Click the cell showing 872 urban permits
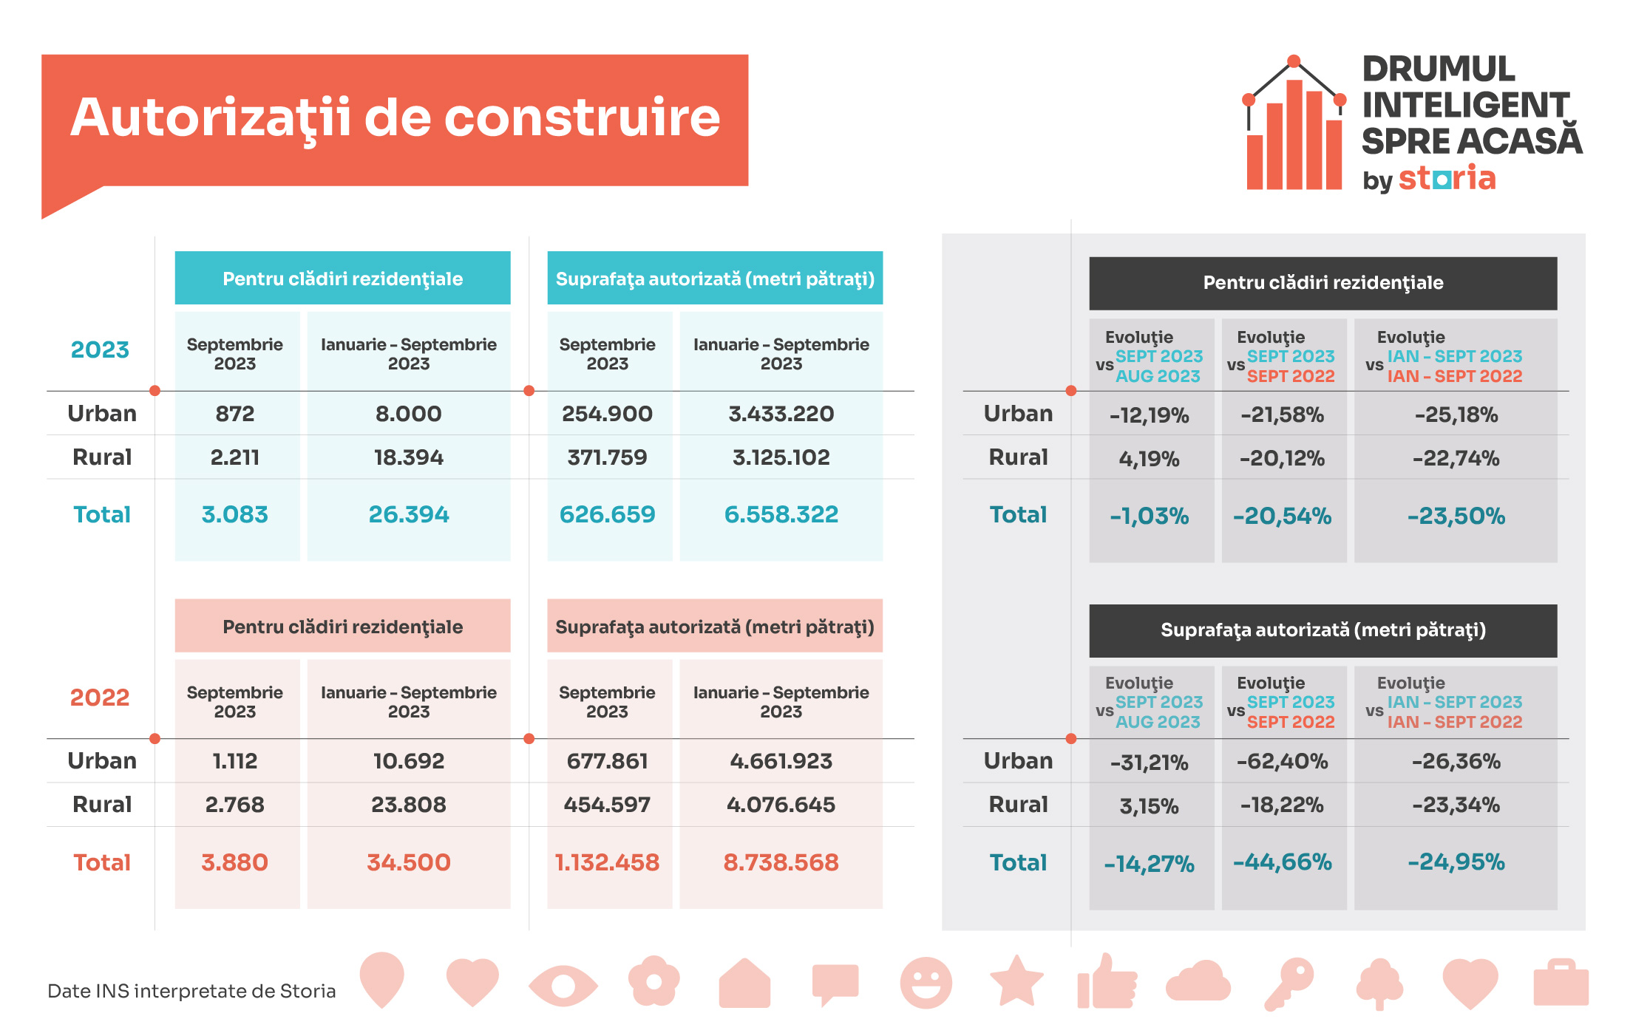click(235, 414)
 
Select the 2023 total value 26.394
click(409, 514)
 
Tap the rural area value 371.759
click(607, 457)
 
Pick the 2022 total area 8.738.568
click(781, 862)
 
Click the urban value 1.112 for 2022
click(235, 761)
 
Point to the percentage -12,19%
click(1149, 415)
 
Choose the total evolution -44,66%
click(1282, 862)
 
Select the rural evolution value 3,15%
click(1149, 805)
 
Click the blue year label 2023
click(100, 350)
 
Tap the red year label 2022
click(100, 698)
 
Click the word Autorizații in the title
click(211, 118)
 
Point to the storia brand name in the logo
click(1447, 178)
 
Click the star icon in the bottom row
click(1016, 981)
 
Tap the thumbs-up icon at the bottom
click(1107, 981)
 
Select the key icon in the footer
click(1289, 983)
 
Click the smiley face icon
click(926, 983)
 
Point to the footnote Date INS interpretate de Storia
click(191, 991)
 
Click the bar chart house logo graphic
click(1294, 123)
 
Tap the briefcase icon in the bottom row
click(1561, 983)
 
